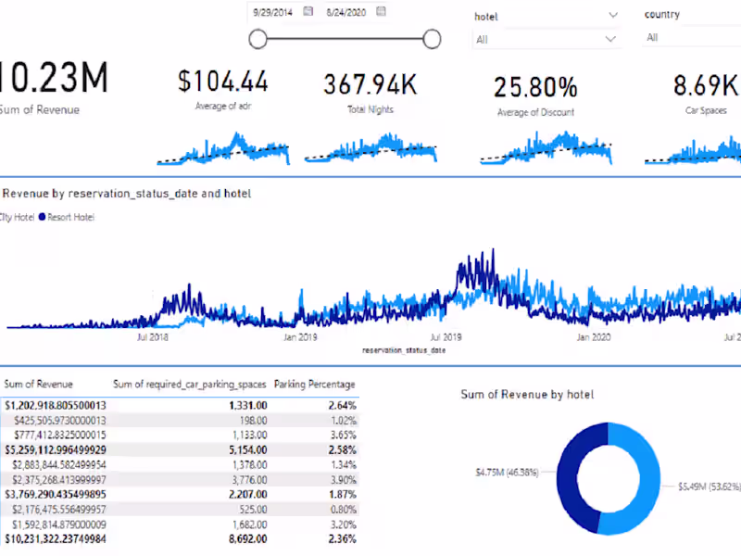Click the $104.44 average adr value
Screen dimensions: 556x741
point(223,82)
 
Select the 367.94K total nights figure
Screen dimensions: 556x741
point(370,84)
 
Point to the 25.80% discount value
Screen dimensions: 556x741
point(534,87)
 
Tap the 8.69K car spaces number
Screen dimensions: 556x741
point(706,86)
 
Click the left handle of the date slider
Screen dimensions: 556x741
point(258,38)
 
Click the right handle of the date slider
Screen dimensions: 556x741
point(431,38)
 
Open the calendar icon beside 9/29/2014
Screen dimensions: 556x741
point(308,12)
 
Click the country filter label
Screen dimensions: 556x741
point(661,15)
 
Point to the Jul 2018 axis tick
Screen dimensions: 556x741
point(152,338)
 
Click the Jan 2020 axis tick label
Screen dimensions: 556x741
point(594,338)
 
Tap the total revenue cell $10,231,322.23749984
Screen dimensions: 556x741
point(55,538)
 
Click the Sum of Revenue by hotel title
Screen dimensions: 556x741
point(527,395)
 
